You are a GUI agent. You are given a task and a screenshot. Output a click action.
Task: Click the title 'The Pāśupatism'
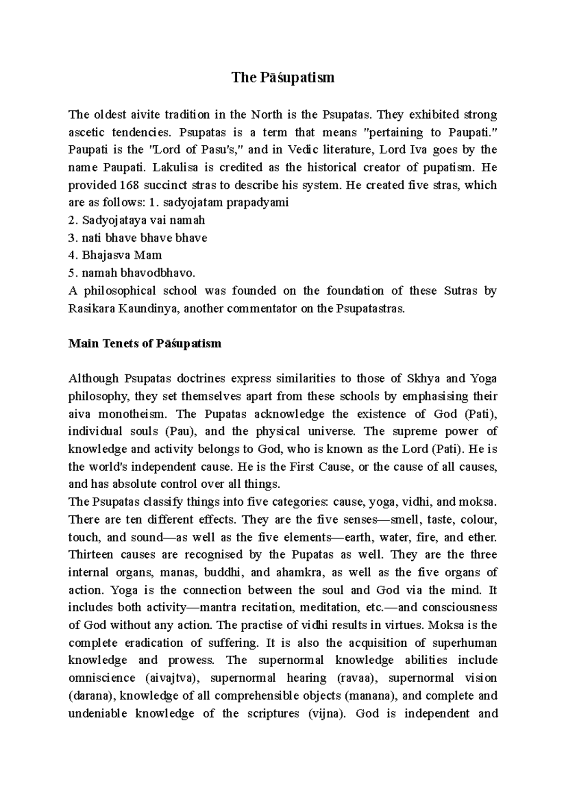pyautogui.click(x=283, y=77)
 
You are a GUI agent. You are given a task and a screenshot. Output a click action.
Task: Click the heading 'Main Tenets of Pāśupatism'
pyautogui.click(x=145, y=343)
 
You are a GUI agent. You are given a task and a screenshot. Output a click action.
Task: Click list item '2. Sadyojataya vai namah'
pyautogui.click(x=137, y=220)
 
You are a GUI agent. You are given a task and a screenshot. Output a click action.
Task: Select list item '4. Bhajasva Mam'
pyautogui.click(x=115, y=255)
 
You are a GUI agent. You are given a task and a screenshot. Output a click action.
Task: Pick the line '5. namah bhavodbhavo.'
pyautogui.click(x=132, y=273)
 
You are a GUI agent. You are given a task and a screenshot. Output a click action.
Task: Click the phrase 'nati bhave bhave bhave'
pyautogui.click(x=144, y=238)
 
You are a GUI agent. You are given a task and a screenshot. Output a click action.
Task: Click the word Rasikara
pyautogui.click(x=90, y=309)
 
